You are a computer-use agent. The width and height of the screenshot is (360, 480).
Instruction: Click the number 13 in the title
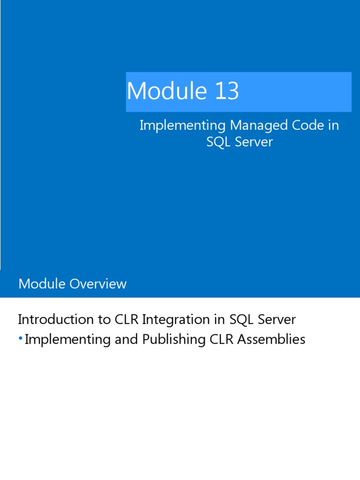[227, 91]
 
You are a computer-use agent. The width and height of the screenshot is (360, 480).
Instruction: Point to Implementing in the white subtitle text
[182, 126]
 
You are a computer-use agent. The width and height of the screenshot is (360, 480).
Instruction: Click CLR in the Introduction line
[127, 320]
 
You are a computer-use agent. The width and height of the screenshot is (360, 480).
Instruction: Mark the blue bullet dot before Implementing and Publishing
[21, 338]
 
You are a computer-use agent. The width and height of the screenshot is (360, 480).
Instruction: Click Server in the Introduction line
[275, 320]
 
